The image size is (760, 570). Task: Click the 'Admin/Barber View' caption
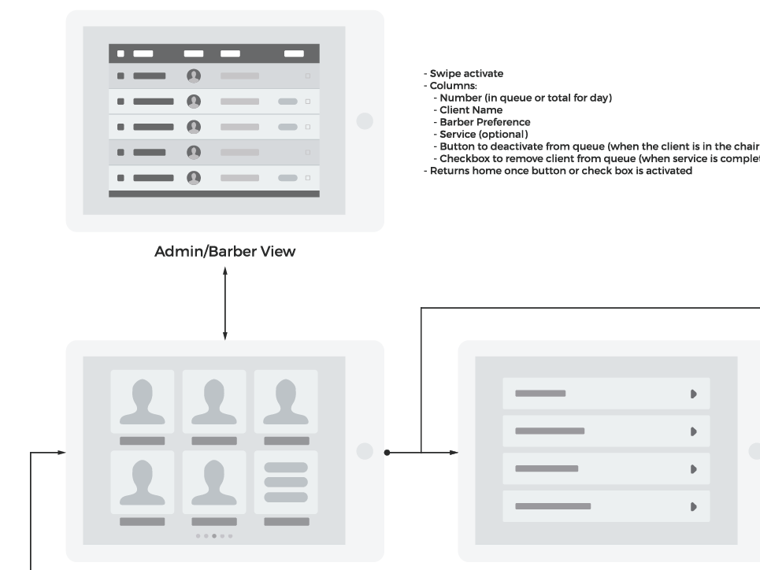coord(224,251)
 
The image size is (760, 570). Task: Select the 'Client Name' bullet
coord(471,110)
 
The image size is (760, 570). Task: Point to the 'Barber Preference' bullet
coord(484,122)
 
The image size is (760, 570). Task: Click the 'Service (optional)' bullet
coord(484,134)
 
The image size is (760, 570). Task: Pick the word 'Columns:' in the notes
coord(450,85)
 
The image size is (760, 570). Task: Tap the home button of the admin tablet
coord(364,120)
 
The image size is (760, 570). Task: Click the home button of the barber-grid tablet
coord(364,451)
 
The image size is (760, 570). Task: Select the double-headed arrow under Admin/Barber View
coord(225,303)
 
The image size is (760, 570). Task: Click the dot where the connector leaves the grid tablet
coord(387,452)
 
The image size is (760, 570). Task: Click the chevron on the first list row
coord(693,394)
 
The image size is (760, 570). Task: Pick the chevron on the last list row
coord(693,507)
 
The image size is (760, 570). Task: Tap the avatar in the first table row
coord(194,76)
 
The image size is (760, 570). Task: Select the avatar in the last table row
coord(194,178)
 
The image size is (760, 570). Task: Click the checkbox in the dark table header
coord(120,54)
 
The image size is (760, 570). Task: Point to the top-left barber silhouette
coord(143,402)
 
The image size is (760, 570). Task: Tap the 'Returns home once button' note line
coord(561,170)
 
